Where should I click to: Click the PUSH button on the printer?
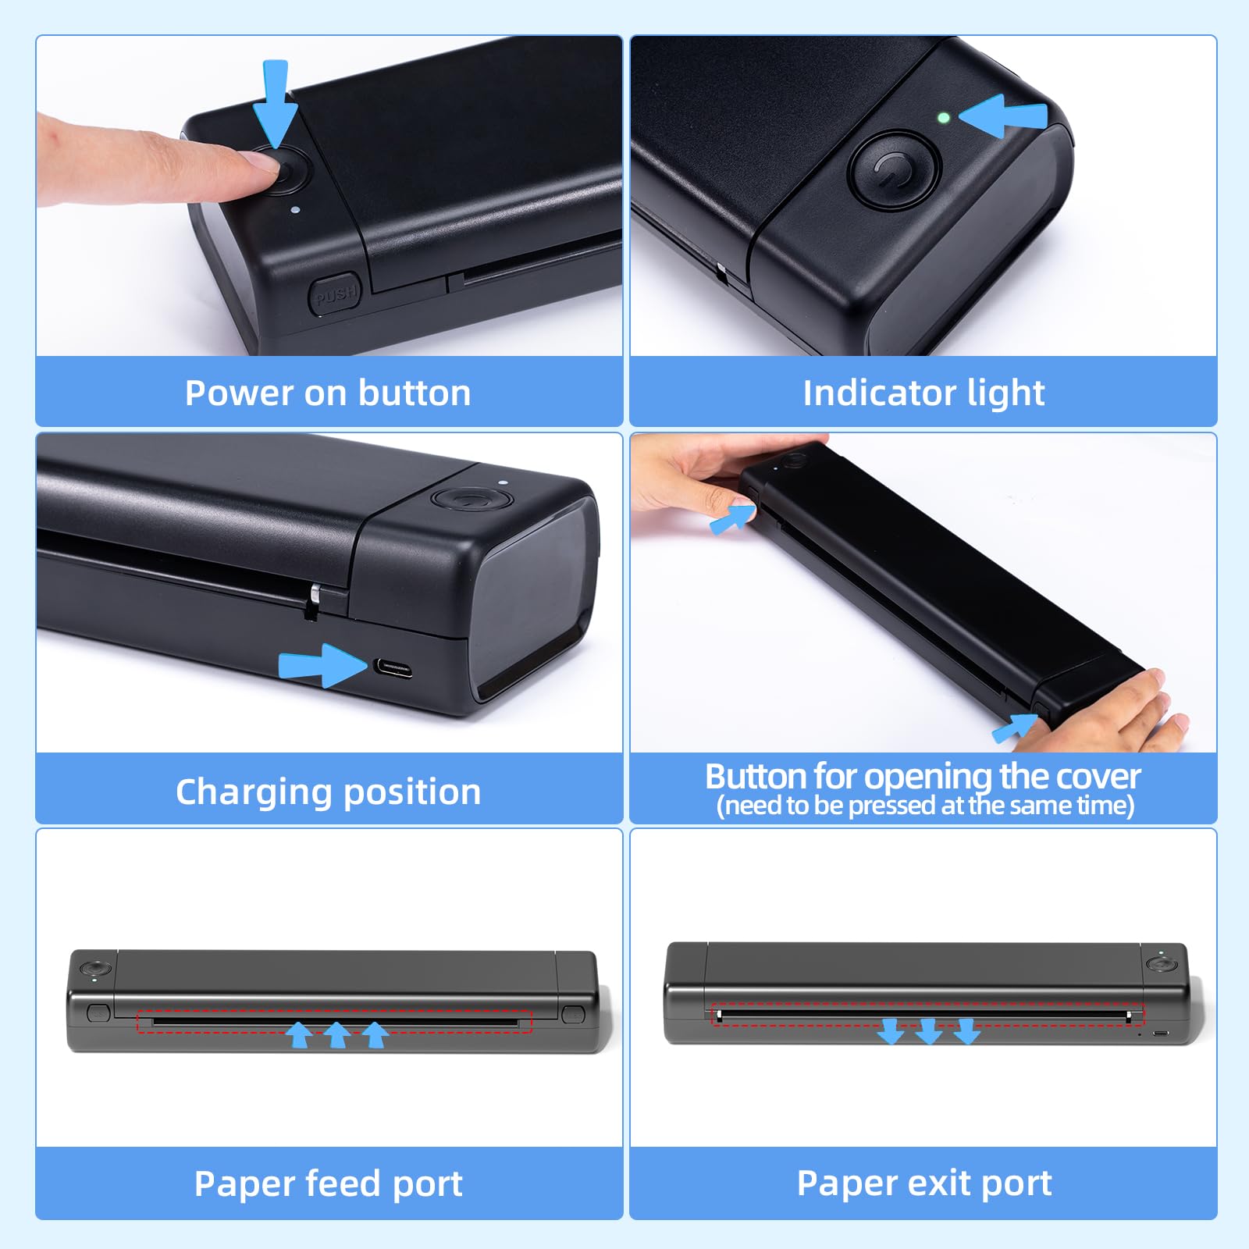tap(335, 294)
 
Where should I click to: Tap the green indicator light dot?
tap(944, 118)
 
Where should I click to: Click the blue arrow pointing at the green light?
tap(1003, 116)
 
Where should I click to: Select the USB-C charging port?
tap(392, 668)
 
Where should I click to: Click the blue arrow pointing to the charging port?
tap(323, 665)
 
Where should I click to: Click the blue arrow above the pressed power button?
tap(276, 104)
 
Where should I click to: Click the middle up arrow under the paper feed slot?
tap(336, 1034)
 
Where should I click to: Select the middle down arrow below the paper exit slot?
tap(929, 1030)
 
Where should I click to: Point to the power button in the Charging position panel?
tap(471, 500)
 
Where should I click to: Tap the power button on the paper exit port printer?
tap(1162, 965)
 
